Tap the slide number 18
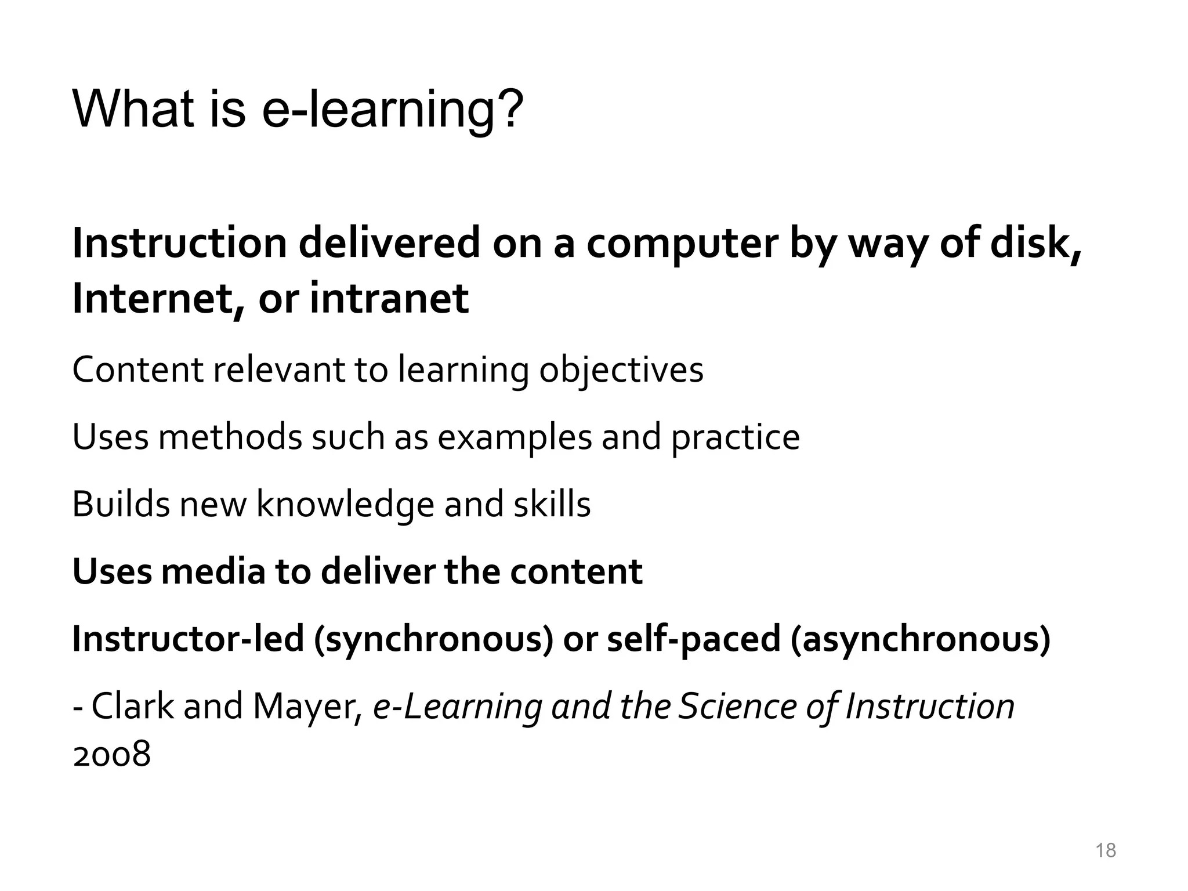click(x=1106, y=850)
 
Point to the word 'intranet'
click(x=389, y=298)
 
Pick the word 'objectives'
click(x=621, y=370)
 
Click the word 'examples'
click(x=515, y=437)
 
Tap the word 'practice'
click(x=736, y=437)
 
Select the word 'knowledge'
click(x=345, y=504)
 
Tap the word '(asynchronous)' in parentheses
click(x=920, y=639)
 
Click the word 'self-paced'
click(x=693, y=639)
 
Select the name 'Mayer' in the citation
click(x=307, y=707)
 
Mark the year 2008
click(x=111, y=755)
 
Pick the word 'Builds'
click(x=121, y=504)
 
